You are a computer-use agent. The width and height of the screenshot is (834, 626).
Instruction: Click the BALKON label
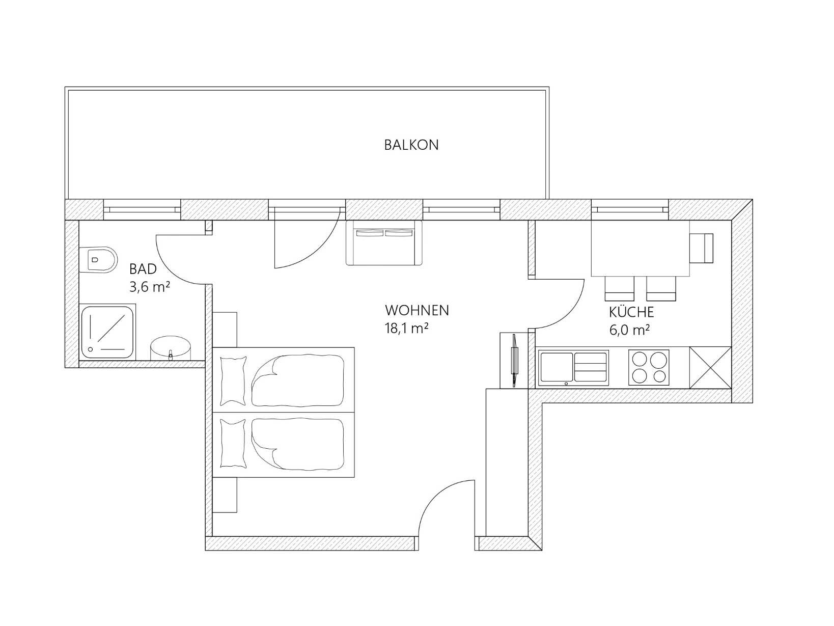[411, 145]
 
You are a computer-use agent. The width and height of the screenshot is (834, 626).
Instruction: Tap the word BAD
[143, 269]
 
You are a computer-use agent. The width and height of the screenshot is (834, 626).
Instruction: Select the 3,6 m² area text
[149, 287]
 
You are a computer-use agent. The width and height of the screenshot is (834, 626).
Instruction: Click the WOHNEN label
[416, 310]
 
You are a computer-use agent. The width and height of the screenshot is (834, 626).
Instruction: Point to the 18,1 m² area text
[406, 329]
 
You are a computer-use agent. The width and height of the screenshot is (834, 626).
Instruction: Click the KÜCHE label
[631, 312]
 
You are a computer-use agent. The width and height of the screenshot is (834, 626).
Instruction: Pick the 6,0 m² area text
[629, 330]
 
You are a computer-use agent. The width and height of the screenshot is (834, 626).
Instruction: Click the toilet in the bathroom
[98, 259]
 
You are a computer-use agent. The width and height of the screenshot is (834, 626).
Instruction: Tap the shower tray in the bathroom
[108, 331]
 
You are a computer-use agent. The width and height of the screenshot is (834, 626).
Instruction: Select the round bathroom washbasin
[171, 348]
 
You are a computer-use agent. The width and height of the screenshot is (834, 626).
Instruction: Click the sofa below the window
[384, 242]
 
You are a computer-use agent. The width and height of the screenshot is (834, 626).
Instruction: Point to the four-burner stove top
[648, 368]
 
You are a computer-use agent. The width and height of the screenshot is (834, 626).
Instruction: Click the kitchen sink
[573, 367]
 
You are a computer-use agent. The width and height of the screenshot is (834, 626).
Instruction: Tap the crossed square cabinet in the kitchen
[710, 368]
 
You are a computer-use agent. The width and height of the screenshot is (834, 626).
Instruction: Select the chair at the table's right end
[702, 248]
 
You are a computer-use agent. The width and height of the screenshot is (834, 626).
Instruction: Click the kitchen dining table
[640, 248]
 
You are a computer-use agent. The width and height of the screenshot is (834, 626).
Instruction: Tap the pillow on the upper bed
[233, 378]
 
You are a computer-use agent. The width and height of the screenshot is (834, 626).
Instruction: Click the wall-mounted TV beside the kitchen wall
[514, 361]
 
